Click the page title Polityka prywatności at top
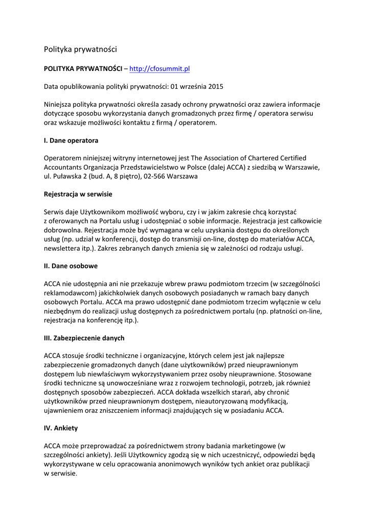click(x=80, y=50)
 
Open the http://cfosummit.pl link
click(x=160, y=68)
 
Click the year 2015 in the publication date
click(x=216, y=86)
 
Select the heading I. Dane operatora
click(x=71, y=140)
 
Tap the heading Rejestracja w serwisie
click(x=78, y=194)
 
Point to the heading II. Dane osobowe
click(x=71, y=266)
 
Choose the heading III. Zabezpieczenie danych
click(x=84, y=338)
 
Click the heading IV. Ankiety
click(x=61, y=428)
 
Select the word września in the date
click(x=191, y=86)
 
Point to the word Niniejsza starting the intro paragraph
click(x=59, y=104)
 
